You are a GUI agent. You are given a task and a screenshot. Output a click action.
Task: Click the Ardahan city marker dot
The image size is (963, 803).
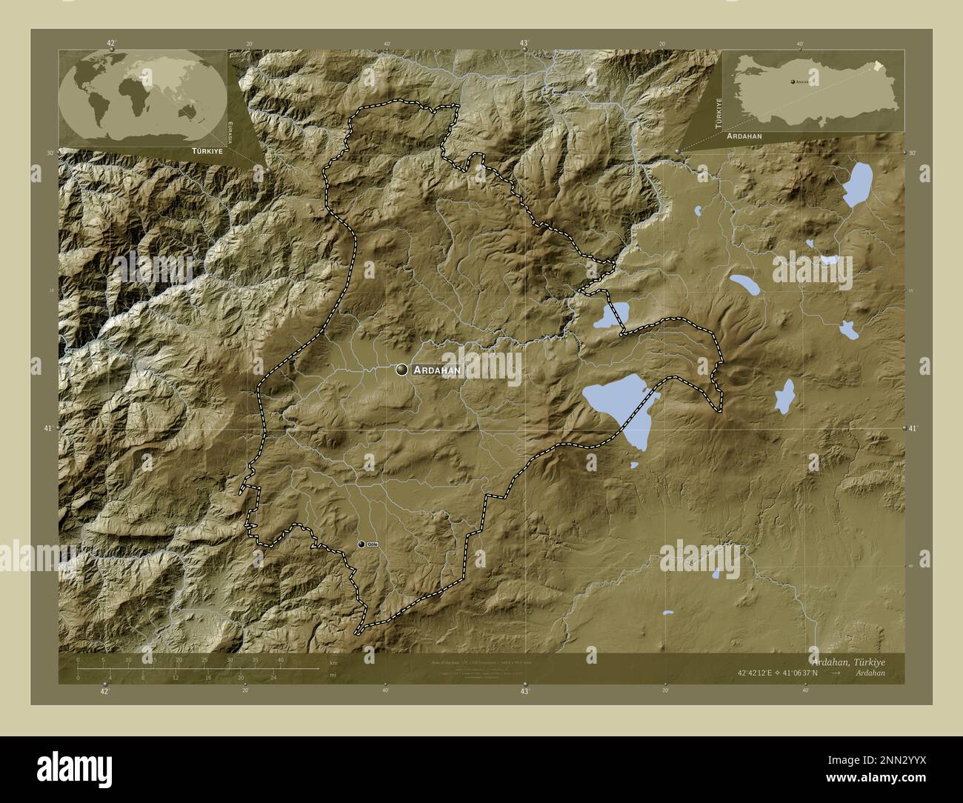(402, 369)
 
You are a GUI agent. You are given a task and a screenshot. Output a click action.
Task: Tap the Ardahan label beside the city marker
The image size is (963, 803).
(438, 369)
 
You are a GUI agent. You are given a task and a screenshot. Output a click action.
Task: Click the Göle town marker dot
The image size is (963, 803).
(361, 544)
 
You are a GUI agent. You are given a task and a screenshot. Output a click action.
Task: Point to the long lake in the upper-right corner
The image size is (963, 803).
(858, 185)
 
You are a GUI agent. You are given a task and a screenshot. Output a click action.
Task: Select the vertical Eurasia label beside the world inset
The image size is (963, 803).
(232, 130)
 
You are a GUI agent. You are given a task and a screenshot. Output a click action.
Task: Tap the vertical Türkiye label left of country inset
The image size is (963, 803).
(718, 113)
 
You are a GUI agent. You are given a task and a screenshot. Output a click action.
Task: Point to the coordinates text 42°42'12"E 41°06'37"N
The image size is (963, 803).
(777, 673)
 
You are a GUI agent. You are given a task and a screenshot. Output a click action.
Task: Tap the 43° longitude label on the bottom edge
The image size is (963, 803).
(524, 692)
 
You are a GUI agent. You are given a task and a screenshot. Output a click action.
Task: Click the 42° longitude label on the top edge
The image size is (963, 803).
(112, 43)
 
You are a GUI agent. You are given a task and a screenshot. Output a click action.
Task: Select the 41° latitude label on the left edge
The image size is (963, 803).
(47, 428)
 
